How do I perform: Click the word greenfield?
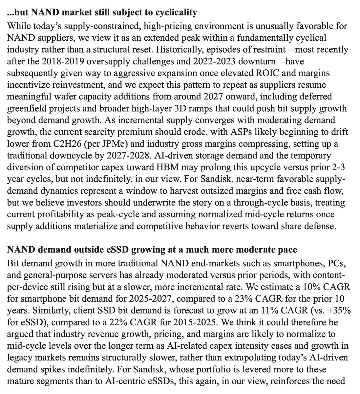pyautogui.click(x=31, y=109)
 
